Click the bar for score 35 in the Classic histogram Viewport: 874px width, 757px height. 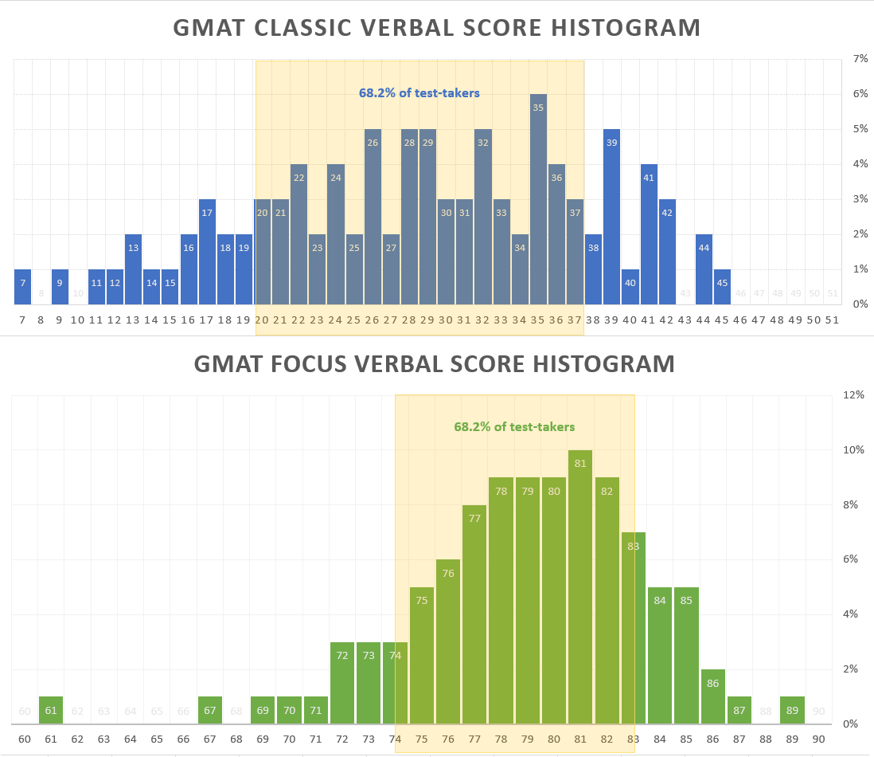click(538, 199)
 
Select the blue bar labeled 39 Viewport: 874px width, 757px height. click(611, 217)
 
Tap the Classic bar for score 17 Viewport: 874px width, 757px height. click(207, 252)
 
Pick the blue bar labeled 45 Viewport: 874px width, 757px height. click(722, 287)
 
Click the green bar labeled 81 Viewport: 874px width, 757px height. click(580, 587)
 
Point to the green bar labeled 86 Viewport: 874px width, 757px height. click(712, 696)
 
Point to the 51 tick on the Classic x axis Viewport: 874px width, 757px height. click(833, 320)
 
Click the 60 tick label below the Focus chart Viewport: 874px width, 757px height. click(25, 739)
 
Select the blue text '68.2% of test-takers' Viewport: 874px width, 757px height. click(419, 93)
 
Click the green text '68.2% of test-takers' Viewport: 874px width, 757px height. click(514, 427)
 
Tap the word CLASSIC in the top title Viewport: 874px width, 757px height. click(306, 28)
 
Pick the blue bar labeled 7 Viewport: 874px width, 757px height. click(22, 287)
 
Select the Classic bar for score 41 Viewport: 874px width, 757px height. click(649, 234)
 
